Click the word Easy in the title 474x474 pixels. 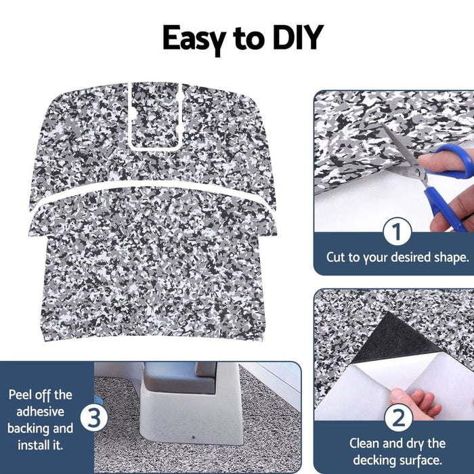coord(196,38)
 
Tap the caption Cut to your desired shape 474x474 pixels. coord(397,257)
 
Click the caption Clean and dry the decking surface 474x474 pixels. coord(397,452)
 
